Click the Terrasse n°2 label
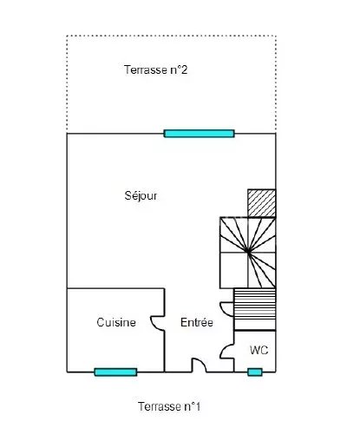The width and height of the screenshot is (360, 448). [x=155, y=69]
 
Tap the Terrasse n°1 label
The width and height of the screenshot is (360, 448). [x=169, y=406]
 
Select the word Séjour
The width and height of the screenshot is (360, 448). [x=141, y=196]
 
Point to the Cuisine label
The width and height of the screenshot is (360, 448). [x=116, y=322]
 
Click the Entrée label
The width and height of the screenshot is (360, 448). [x=197, y=322]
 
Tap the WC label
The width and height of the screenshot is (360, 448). [x=259, y=350]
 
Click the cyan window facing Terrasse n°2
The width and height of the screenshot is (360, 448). [x=199, y=134]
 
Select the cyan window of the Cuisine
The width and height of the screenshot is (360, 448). [x=115, y=372]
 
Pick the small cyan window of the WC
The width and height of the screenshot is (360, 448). [x=255, y=372]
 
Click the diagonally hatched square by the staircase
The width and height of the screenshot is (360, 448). [x=262, y=203]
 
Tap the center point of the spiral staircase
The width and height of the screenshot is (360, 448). [x=248, y=252]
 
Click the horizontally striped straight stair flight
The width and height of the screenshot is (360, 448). [x=255, y=309]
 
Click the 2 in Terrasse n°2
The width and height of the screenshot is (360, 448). [x=184, y=69]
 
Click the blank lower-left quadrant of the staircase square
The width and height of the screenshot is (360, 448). [x=234, y=270]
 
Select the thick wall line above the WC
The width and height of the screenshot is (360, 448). [x=255, y=330]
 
